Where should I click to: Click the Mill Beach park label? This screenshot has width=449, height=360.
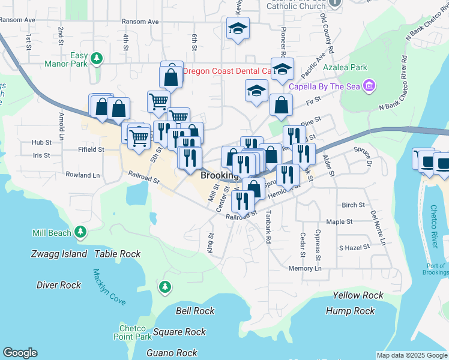pos(51,232)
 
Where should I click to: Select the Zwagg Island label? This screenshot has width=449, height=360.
pos(59,254)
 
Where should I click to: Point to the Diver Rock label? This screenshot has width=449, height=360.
pos(58,285)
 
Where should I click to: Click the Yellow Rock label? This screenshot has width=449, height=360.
pos(358,295)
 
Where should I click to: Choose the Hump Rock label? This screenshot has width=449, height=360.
pos(350,311)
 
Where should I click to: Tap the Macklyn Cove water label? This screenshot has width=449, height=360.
pos(109,287)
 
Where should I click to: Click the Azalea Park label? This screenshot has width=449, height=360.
pos(345,67)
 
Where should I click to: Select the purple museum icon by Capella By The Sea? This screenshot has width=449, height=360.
pos(370,86)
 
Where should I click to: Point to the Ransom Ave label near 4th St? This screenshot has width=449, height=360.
pos(140,22)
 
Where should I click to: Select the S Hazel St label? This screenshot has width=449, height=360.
pos(352,247)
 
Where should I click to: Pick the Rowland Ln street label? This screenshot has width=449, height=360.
pos(83,175)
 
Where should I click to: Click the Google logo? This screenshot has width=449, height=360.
pos(20,353)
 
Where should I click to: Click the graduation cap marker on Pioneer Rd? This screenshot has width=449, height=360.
pos(282,69)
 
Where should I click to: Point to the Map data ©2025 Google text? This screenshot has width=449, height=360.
pos(411,355)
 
